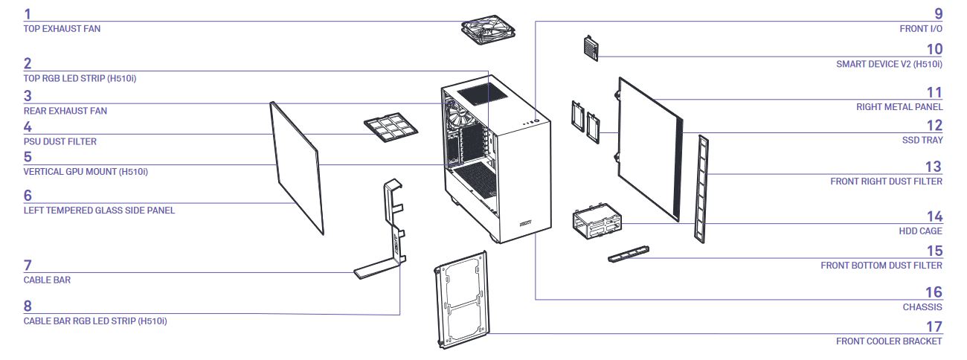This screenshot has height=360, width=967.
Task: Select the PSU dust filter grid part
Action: (x=388, y=126)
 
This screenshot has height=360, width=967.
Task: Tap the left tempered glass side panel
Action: (x=297, y=168)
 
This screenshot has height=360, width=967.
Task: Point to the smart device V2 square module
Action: (x=591, y=47)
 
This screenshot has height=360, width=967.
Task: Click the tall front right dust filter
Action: (x=700, y=187)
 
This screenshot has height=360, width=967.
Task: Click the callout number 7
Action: (x=28, y=266)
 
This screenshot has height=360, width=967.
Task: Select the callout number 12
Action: (x=934, y=126)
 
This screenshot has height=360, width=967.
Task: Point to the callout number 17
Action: (x=934, y=327)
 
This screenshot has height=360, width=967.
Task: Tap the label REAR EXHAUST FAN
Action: (x=65, y=111)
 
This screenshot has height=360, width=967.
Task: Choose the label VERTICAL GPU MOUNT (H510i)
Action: (x=91, y=172)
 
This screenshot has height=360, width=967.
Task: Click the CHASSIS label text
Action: (x=922, y=306)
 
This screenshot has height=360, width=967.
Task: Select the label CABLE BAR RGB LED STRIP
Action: (x=95, y=321)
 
